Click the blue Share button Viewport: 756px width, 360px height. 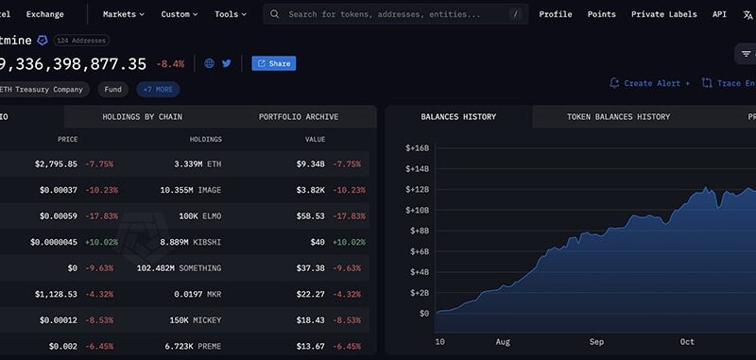pyautogui.click(x=273, y=63)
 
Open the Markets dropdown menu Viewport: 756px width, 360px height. pyautogui.click(x=124, y=14)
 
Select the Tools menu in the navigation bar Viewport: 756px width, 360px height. pyautogui.click(x=231, y=14)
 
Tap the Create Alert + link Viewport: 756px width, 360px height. pyautogui.click(x=650, y=83)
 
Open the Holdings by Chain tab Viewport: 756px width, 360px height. pyautogui.click(x=142, y=117)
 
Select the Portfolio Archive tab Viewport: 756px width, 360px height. pyautogui.click(x=298, y=117)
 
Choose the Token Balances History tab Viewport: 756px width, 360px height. pyautogui.click(x=618, y=117)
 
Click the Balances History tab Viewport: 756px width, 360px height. pyautogui.click(x=458, y=117)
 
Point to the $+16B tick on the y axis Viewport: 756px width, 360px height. pyautogui.click(x=417, y=148)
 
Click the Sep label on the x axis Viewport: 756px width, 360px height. pyautogui.click(x=595, y=342)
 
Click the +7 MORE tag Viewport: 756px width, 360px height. pyautogui.click(x=158, y=90)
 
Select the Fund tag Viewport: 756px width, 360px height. pyautogui.click(x=112, y=90)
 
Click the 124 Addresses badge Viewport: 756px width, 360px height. pyautogui.click(x=81, y=41)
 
